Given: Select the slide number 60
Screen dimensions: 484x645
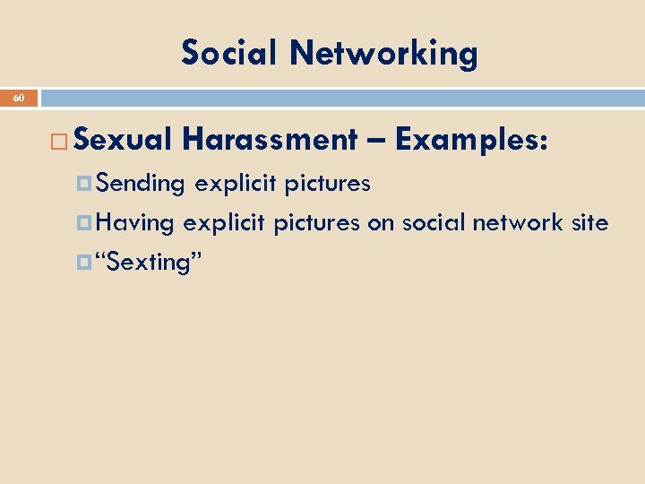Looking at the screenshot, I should [19, 98].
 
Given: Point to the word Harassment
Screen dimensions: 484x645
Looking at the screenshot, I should [269, 140].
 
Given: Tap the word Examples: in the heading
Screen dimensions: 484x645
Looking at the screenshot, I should [470, 140].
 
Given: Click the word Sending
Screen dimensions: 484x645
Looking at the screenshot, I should [141, 185].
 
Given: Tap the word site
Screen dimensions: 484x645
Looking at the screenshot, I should [589, 223].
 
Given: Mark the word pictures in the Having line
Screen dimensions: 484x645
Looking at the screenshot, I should [316, 223].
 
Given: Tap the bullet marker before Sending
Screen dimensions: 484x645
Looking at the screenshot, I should [86, 184].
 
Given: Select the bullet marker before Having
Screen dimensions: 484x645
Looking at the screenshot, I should [86, 222].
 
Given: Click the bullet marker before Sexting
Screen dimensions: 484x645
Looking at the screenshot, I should [86, 263].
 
